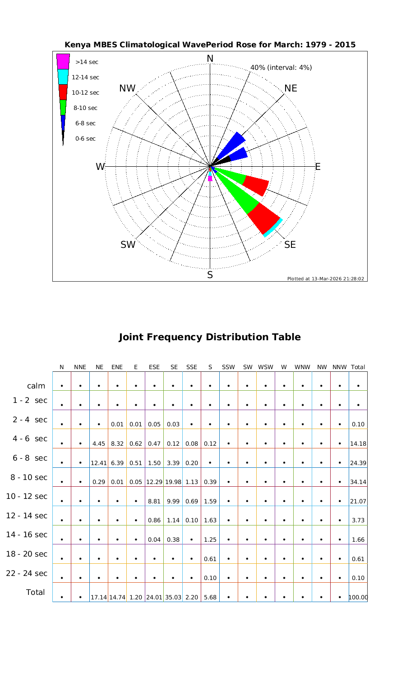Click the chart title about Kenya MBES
[x=210, y=45]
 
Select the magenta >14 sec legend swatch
[x=63, y=61]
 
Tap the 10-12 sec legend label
[x=85, y=93]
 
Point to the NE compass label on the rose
[x=291, y=88]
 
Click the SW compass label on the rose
[x=128, y=245]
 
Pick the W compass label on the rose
[x=100, y=167]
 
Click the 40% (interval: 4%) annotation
[x=281, y=68]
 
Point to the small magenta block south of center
[x=210, y=178]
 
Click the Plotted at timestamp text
[x=325, y=279]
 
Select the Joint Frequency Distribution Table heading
[x=210, y=337]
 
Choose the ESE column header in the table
[x=154, y=367]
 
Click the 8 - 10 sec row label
[x=27, y=477]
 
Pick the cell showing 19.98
[x=173, y=482]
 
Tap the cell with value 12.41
[x=98, y=463]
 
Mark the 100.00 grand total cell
[x=358, y=598]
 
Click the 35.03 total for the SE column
[x=173, y=598]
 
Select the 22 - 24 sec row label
[x=27, y=573]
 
